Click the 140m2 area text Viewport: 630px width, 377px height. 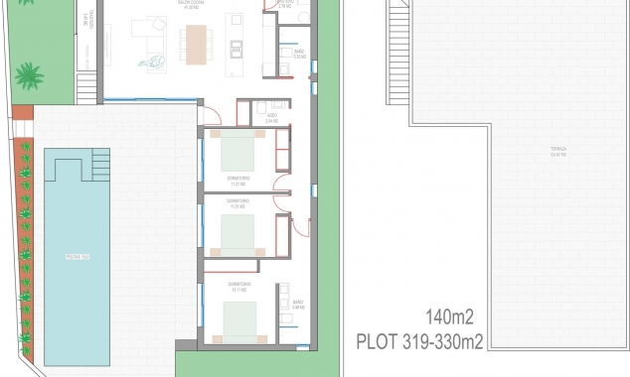click(450, 317)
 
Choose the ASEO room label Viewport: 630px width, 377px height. click(271, 117)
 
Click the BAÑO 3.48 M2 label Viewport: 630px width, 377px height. click(298, 305)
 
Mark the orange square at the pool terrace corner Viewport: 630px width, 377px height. click(23, 114)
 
